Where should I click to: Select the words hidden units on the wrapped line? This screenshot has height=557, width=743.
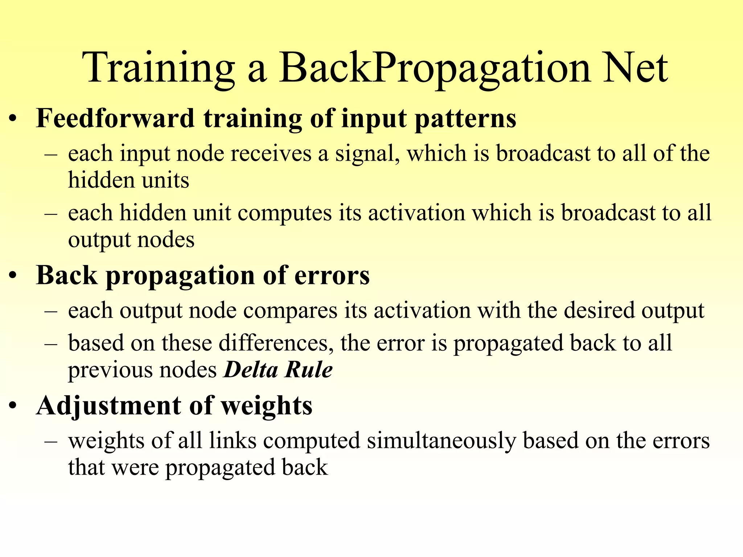128,180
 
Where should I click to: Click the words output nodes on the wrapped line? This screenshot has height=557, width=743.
131,240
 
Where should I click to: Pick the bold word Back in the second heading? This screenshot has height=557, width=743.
67,276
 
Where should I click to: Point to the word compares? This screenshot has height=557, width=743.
290,311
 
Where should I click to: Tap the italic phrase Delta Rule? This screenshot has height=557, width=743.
278,370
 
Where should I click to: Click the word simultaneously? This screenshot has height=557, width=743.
441,441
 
